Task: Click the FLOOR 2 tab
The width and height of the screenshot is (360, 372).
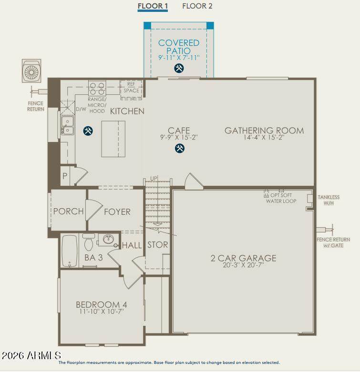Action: pos(197,6)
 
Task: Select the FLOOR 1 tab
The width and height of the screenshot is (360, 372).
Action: pos(153,6)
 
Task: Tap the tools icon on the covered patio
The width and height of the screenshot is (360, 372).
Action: pos(179,68)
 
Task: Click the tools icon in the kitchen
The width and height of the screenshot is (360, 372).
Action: pos(88,131)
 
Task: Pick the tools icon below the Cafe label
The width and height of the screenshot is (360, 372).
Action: pos(180,148)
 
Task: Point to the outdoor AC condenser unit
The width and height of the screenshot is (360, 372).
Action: pos(31,71)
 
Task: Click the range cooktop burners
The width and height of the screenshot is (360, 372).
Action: pos(97,88)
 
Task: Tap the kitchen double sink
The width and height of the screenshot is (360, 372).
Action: pos(68,125)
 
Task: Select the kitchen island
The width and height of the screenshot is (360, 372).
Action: pos(113,139)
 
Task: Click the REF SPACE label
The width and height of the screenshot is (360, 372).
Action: pos(131,87)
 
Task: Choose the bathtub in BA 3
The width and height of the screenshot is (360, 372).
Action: pos(70,251)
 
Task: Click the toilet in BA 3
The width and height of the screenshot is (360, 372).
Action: pos(89,242)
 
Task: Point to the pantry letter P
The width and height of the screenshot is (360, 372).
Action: pos(65,176)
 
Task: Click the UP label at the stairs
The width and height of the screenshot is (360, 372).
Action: pos(154,178)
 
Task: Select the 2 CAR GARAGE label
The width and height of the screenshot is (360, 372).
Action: pos(243,258)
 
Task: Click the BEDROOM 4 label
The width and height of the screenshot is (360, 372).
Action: pos(102,304)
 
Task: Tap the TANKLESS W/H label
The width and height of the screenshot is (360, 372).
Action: pos(329,200)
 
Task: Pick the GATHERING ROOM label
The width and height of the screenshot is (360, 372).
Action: pos(264,131)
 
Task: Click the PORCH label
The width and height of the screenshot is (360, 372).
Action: pos(68,211)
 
